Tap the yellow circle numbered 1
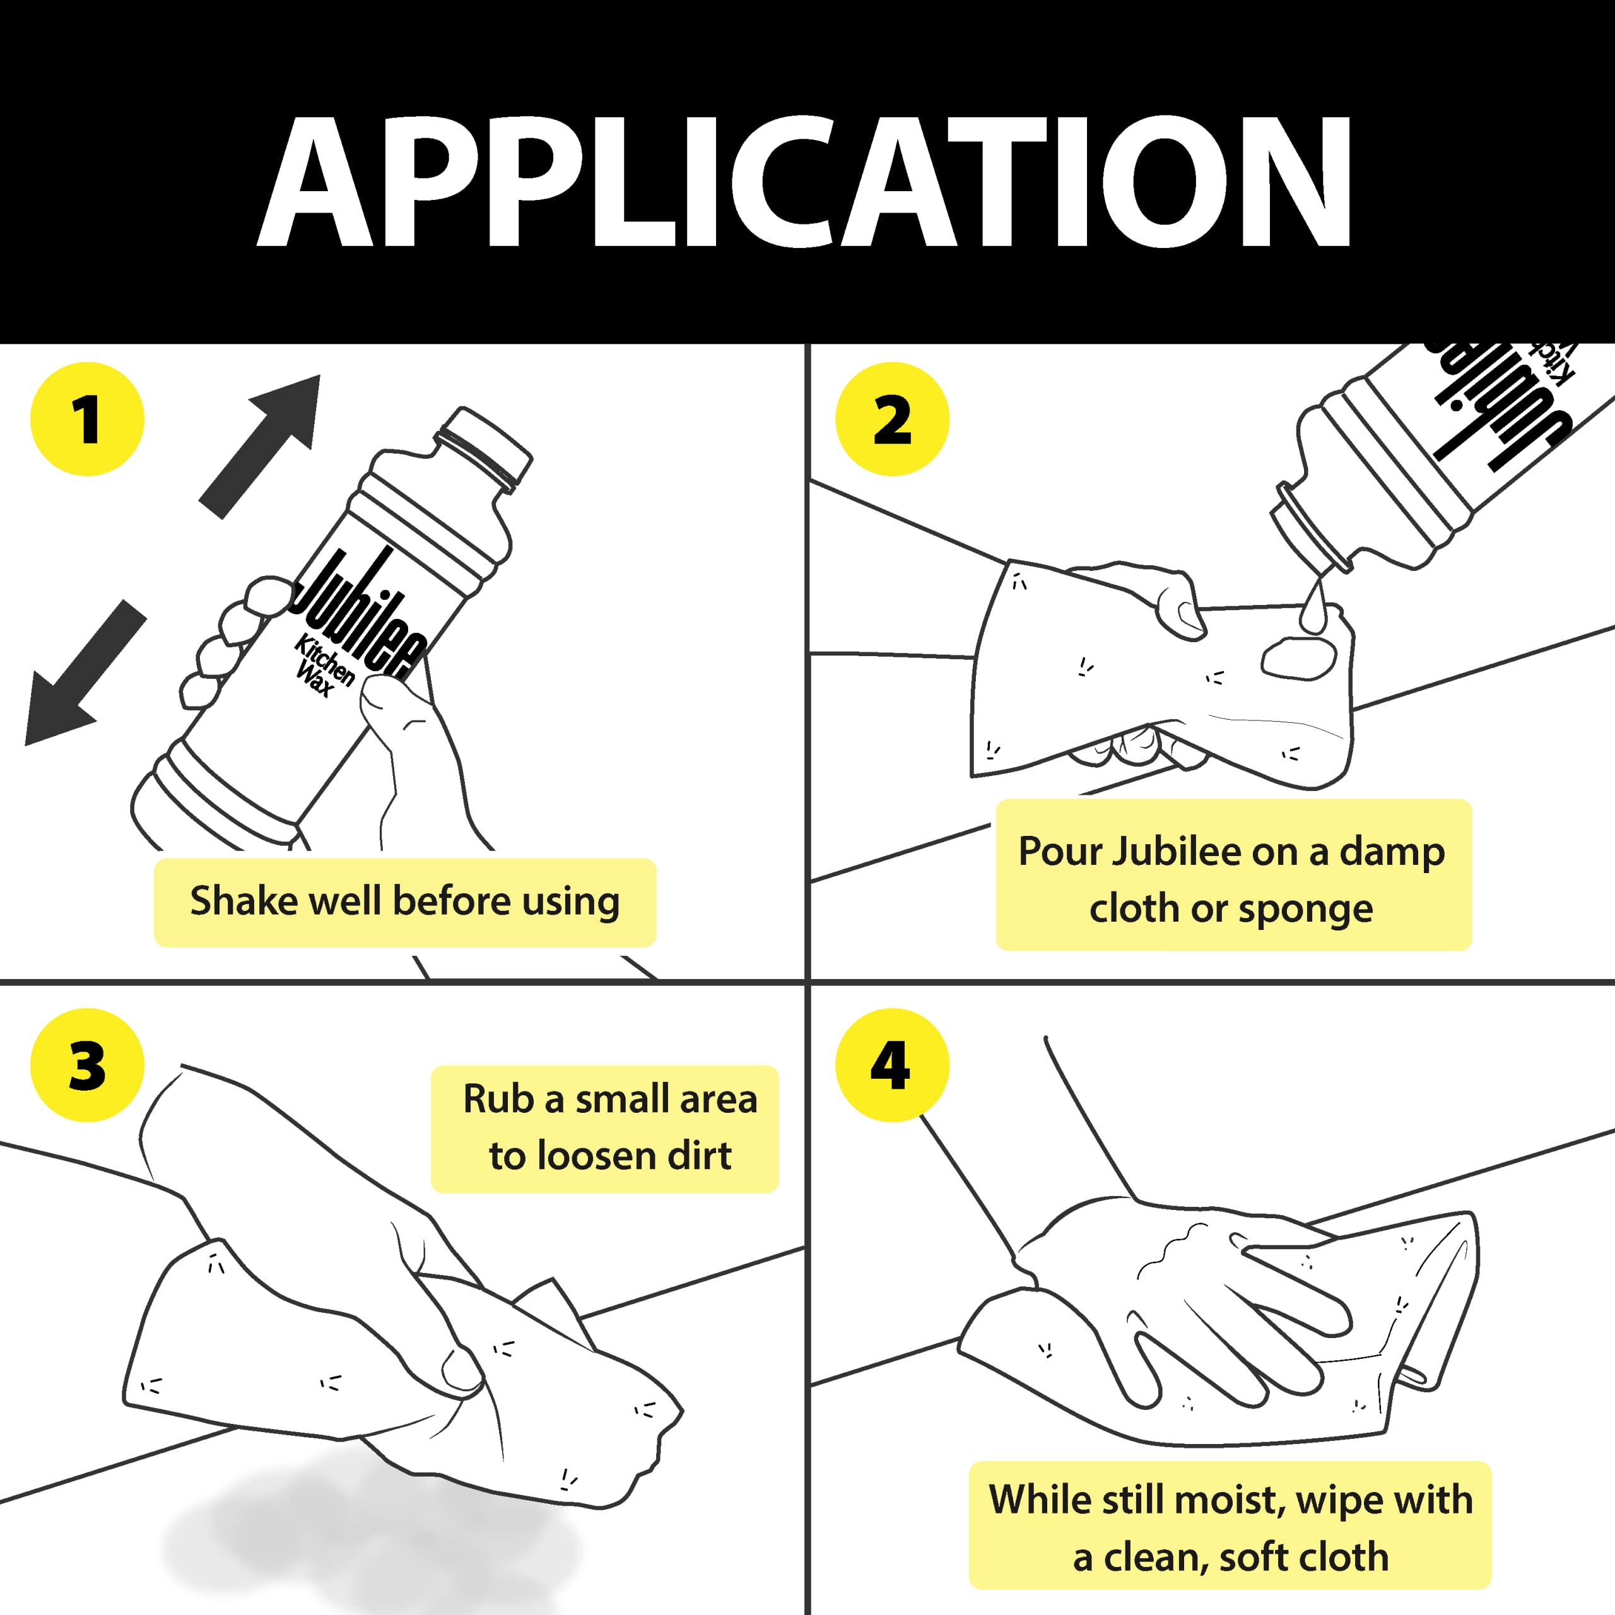coord(87,419)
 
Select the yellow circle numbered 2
coord(892,419)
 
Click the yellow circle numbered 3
coord(87,1065)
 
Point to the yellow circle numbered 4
coord(892,1065)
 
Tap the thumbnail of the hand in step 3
coord(461,1371)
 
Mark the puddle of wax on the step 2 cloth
coord(1298,659)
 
